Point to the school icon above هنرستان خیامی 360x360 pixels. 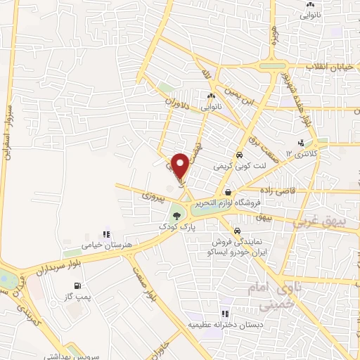(x=107, y=234)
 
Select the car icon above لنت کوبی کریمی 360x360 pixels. (x=240, y=155)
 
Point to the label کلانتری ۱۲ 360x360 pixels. (x=307, y=152)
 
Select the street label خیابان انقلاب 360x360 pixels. (x=333, y=65)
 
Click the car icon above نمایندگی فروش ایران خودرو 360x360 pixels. (x=237, y=231)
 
